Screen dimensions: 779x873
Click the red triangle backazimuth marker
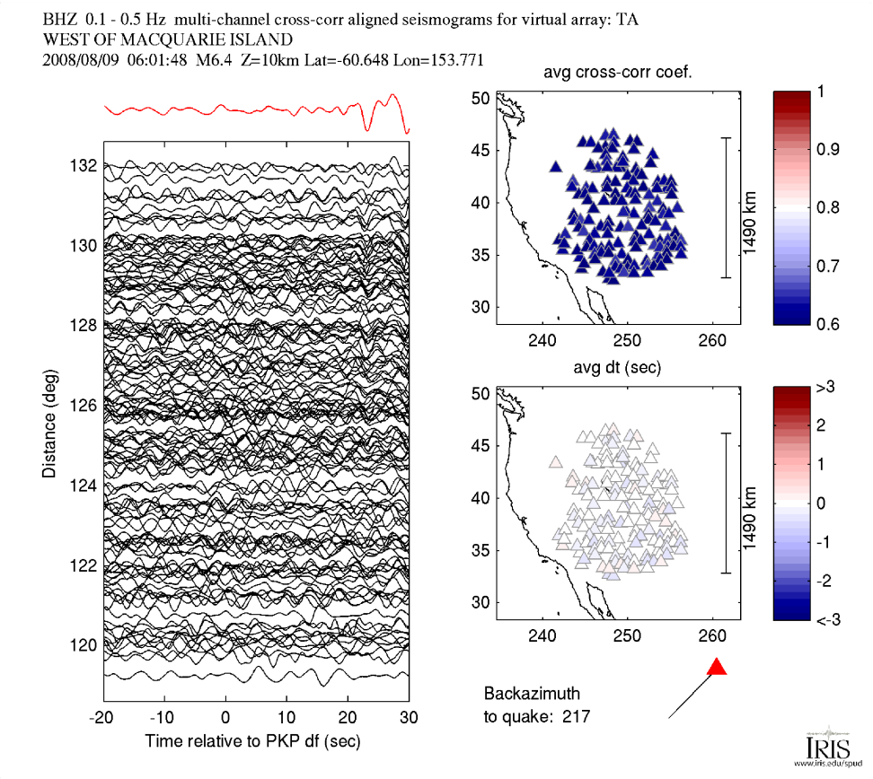[x=717, y=667]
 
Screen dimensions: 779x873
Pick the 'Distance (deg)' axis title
[x=51, y=422]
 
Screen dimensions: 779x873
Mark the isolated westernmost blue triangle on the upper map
[x=555, y=166]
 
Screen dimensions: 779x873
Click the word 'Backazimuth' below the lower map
[x=532, y=694]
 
